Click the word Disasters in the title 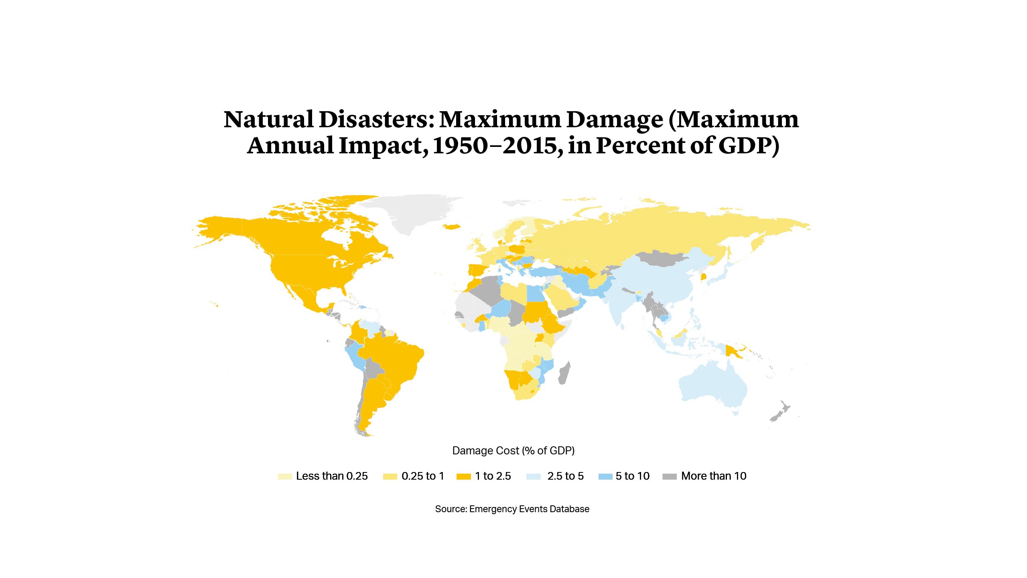click(x=376, y=120)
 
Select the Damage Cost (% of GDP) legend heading click(x=513, y=451)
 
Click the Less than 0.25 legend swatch click(x=285, y=476)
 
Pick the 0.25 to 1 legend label click(x=423, y=476)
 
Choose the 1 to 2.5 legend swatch click(x=464, y=476)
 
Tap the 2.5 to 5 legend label click(x=565, y=476)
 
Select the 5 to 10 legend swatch click(x=605, y=476)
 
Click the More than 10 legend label click(x=714, y=476)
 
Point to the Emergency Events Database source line click(x=512, y=509)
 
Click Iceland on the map click(x=452, y=227)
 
